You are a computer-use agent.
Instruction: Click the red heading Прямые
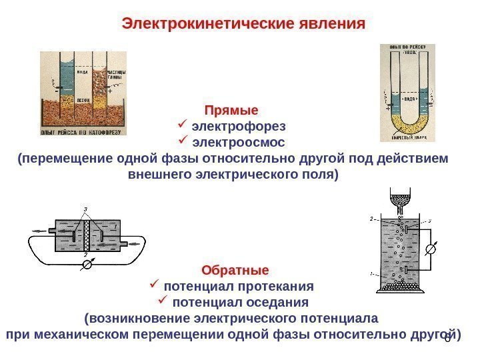231,109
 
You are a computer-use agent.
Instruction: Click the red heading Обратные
235,271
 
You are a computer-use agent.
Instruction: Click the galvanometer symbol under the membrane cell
85,264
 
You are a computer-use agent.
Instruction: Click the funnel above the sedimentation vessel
399,199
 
